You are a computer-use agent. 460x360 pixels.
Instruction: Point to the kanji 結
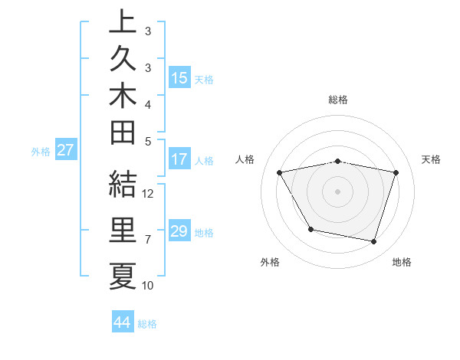pyautogui.click(x=123, y=185)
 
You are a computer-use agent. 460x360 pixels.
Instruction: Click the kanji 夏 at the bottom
pyautogui.click(x=123, y=277)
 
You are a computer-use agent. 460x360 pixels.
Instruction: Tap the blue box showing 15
pyautogui.click(x=179, y=77)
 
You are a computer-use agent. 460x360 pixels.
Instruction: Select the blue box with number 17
pyautogui.click(x=179, y=159)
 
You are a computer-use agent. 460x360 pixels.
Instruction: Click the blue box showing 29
pyautogui.click(x=179, y=231)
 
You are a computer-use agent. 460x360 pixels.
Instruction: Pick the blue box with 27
pyautogui.click(x=65, y=150)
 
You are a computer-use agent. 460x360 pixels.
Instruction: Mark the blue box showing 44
pyautogui.click(x=122, y=322)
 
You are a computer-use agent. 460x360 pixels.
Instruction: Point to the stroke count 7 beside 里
pyautogui.click(x=148, y=240)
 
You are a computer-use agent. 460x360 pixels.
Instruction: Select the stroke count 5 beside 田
pyautogui.click(x=148, y=140)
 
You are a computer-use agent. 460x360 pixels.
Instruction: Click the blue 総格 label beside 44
pyautogui.click(x=147, y=324)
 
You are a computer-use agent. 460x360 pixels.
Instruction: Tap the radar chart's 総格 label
pyautogui.click(x=338, y=100)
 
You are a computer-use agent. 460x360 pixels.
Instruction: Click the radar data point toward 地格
pyautogui.click(x=373, y=242)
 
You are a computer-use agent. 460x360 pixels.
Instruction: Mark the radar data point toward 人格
pyautogui.click(x=280, y=173)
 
